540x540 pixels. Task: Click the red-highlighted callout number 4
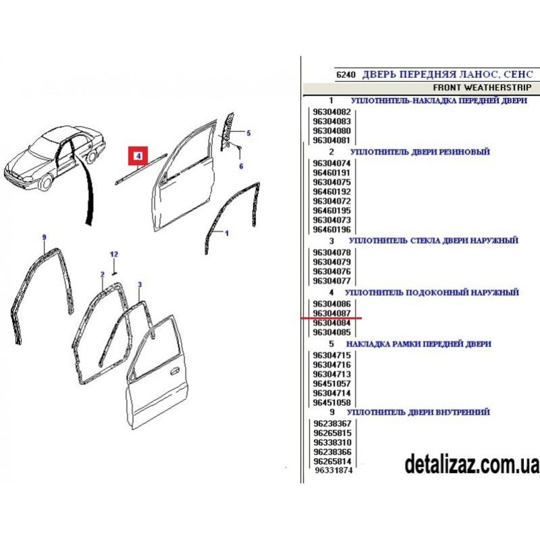tap(138, 156)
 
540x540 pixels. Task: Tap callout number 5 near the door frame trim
tap(248, 133)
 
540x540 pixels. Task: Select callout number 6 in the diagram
tap(241, 166)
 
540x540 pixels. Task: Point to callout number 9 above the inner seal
tap(44, 237)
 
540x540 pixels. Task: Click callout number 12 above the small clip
tap(114, 254)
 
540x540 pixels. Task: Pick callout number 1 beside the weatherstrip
tap(227, 233)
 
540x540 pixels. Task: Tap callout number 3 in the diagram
tap(139, 285)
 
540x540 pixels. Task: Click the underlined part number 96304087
tap(332, 313)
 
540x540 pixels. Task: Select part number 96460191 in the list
tap(332, 173)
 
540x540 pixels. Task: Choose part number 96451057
tap(332, 383)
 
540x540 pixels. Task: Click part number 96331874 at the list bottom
tap(334, 470)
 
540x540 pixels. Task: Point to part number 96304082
tap(332, 112)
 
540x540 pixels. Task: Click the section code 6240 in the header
tap(346, 75)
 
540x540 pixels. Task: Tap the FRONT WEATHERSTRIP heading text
tap(482, 88)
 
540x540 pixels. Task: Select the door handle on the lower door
tap(175, 371)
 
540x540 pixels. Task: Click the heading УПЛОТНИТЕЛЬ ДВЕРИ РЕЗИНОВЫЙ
tap(420, 152)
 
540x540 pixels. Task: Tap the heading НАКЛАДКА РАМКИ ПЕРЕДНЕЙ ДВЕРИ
tap(419, 344)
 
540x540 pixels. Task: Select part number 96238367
tap(332, 423)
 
